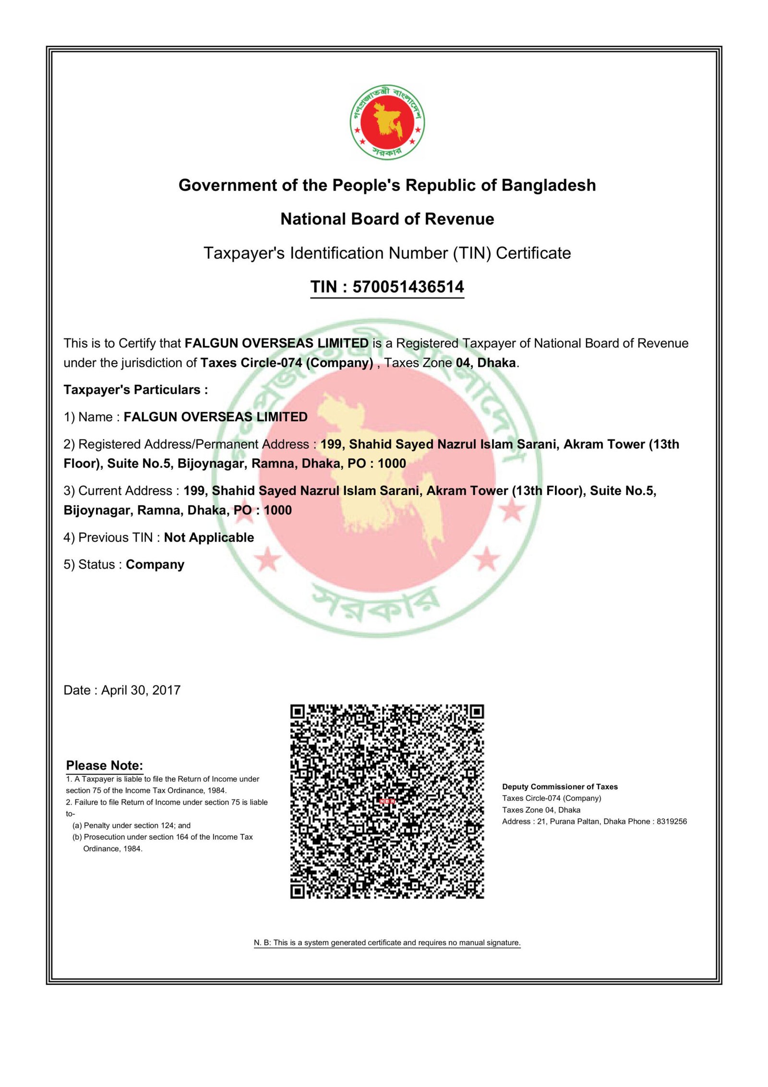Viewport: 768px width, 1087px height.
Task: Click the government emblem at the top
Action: point(387,122)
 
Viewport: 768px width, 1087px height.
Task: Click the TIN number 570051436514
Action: point(408,287)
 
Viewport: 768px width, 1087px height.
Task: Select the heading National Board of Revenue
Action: point(387,219)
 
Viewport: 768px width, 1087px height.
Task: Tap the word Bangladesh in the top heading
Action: point(548,185)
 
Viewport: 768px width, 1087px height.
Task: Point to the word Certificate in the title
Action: point(533,253)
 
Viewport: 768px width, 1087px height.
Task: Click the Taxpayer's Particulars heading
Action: point(136,389)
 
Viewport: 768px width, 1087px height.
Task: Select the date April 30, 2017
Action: point(141,690)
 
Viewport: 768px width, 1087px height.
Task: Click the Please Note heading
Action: point(105,765)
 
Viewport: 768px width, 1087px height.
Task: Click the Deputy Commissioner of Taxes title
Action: point(560,786)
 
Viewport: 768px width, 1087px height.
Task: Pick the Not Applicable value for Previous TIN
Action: point(209,537)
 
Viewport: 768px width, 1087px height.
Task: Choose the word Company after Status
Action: point(155,565)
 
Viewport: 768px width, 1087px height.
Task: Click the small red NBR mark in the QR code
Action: point(387,801)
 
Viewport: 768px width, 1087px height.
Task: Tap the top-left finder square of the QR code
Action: point(298,712)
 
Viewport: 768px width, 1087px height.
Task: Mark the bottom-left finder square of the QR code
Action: point(298,891)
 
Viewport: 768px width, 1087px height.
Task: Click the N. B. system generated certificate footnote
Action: point(387,942)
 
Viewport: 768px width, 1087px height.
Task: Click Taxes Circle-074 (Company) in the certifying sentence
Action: point(287,363)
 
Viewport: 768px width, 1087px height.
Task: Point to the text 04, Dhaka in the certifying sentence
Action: point(486,363)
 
